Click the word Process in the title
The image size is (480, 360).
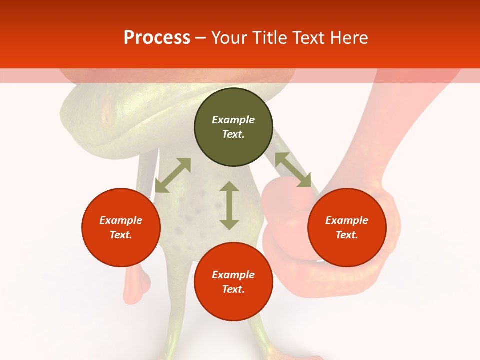(157, 38)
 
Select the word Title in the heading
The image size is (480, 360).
(272, 38)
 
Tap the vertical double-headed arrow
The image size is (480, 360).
(229, 205)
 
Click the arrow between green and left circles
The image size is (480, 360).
(173, 175)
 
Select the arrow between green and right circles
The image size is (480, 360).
(293, 170)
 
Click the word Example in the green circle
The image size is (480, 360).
(233, 120)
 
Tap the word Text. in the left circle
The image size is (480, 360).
(121, 235)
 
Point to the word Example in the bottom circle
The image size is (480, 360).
(233, 275)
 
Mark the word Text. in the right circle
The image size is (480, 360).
(347, 235)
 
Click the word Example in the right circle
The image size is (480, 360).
(347, 220)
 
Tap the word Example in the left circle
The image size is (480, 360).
(121, 220)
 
